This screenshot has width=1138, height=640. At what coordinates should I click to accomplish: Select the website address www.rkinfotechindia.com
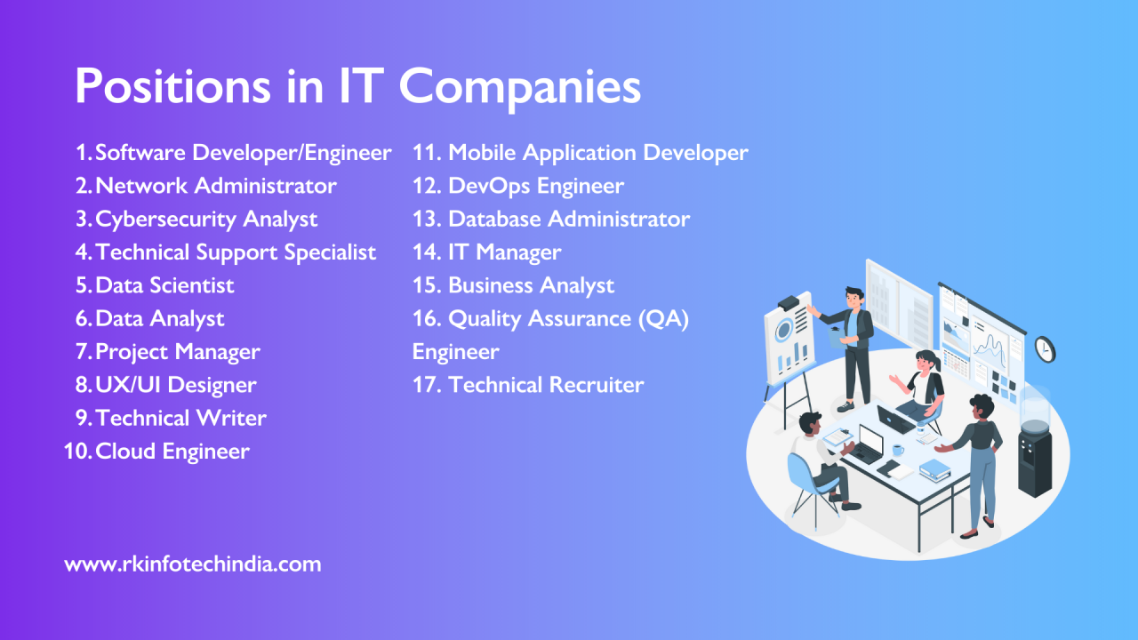click(193, 564)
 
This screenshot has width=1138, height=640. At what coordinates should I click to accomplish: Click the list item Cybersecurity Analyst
click(206, 219)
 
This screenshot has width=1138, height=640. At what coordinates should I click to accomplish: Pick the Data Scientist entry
click(164, 285)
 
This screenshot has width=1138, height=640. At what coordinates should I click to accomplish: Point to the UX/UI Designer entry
click(175, 385)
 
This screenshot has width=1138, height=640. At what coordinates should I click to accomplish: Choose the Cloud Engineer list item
click(172, 452)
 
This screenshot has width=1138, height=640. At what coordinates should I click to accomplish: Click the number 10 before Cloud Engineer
click(76, 452)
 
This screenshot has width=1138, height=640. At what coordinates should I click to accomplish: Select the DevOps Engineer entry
click(535, 186)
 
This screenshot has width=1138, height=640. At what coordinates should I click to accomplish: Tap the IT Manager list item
click(504, 252)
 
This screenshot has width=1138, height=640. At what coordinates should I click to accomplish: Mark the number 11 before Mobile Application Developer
click(427, 153)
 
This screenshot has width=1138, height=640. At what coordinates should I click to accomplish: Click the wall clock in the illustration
click(1045, 349)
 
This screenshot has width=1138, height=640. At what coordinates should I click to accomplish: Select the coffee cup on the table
click(898, 450)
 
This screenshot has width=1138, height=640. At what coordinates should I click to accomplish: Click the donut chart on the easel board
click(784, 332)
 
